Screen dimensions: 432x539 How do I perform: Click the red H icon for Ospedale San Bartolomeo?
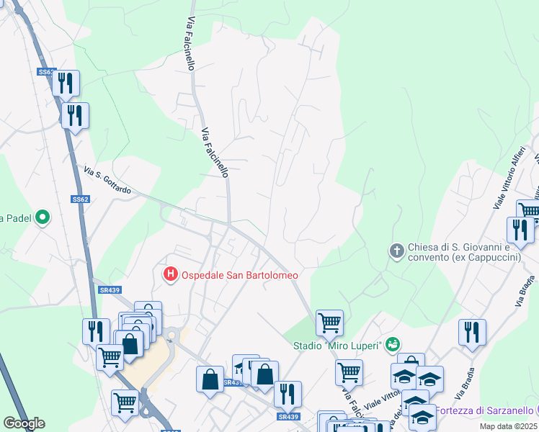click(x=171, y=274)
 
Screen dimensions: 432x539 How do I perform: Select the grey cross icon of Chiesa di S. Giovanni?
click(x=396, y=251)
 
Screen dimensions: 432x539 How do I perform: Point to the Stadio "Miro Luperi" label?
click(x=337, y=346)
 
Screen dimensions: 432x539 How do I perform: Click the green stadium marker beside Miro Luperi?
click(x=392, y=345)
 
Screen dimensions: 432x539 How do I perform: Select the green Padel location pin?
click(x=42, y=217)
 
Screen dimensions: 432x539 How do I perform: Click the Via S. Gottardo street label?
click(x=107, y=181)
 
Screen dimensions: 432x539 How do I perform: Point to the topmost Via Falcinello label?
click(x=190, y=44)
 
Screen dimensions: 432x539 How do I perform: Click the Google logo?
click(x=24, y=423)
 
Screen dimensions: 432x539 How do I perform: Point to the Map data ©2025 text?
click(x=509, y=426)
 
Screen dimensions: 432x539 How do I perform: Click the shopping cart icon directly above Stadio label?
click(x=329, y=323)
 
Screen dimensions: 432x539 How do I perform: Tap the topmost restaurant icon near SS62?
click(x=66, y=83)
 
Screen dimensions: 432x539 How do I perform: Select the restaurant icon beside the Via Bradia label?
click(x=472, y=332)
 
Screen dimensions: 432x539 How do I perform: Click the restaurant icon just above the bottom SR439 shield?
click(x=288, y=394)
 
